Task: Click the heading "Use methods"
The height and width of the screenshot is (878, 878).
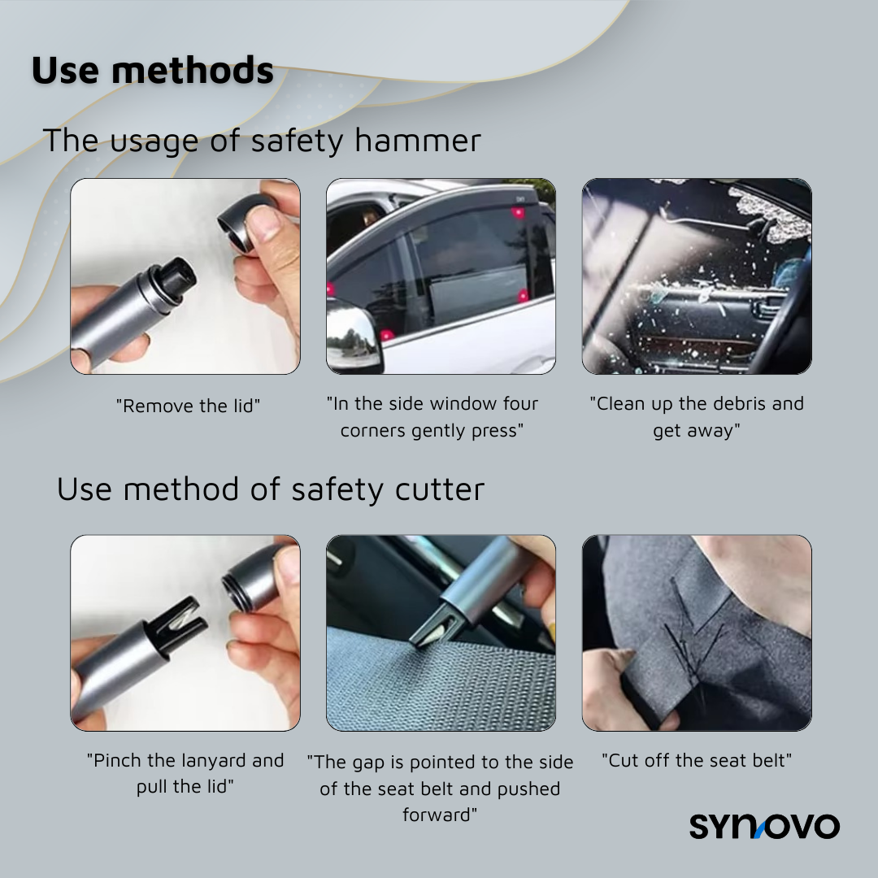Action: coord(153,70)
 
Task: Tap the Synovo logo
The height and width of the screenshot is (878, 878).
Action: coord(764,826)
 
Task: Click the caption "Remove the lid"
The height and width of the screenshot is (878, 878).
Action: coord(188,406)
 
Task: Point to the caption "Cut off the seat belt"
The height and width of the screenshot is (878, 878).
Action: coord(697,761)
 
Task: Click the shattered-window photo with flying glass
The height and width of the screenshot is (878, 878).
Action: coord(697,276)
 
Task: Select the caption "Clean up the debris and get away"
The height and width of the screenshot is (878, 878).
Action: coord(697,417)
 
